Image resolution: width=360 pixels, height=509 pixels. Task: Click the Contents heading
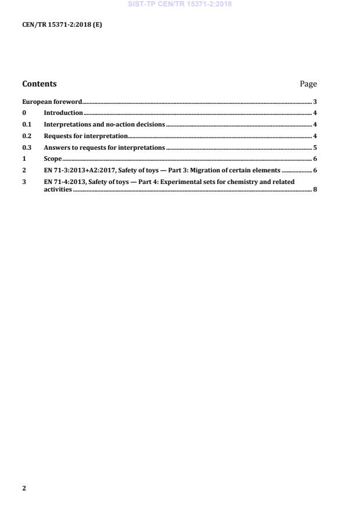[x=39, y=84]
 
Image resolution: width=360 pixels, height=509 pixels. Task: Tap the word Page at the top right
[x=308, y=84]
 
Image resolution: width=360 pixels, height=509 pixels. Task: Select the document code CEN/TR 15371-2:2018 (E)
[x=62, y=24]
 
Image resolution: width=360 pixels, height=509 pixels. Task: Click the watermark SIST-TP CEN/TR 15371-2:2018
[x=179, y=5]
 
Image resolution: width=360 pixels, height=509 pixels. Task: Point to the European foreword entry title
[x=52, y=102]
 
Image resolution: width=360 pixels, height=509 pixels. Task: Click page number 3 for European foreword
[x=315, y=102]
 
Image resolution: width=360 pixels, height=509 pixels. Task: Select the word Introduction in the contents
[x=63, y=113]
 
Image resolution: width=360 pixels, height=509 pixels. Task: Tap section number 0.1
[x=27, y=124]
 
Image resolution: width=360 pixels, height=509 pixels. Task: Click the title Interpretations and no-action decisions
[x=105, y=124]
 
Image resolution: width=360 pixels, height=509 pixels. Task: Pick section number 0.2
[x=27, y=136]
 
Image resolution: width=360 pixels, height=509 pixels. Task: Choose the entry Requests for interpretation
[x=85, y=136]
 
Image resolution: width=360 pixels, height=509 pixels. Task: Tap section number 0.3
[x=27, y=147]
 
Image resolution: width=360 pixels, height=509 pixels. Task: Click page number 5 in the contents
[x=315, y=147]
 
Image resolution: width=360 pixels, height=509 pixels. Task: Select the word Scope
[x=53, y=158]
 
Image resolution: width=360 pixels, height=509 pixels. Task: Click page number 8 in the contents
[x=315, y=189]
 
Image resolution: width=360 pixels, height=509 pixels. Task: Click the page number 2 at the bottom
[x=24, y=488]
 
